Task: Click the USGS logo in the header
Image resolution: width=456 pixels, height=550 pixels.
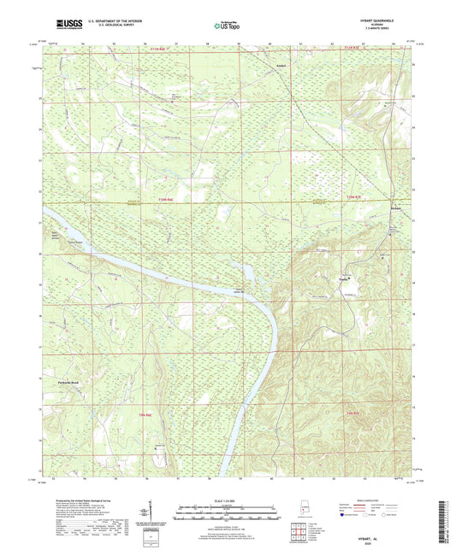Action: [x=69, y=25]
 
